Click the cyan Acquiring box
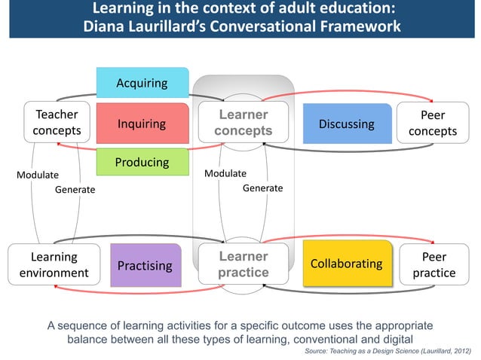coord(142,83)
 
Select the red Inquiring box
coord(142,124)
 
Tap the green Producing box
coord(142,163)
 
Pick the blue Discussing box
coord(347,124)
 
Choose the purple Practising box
coord(146,265)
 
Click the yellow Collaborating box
coord(347,264)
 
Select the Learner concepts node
coord(243,123)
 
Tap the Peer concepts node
coord(433,123)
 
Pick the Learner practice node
coord(243,264)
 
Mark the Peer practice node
coord(434,264)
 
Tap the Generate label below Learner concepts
coord(262,188)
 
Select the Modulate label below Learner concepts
coord(225,173)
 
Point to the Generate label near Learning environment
coord(75,190)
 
